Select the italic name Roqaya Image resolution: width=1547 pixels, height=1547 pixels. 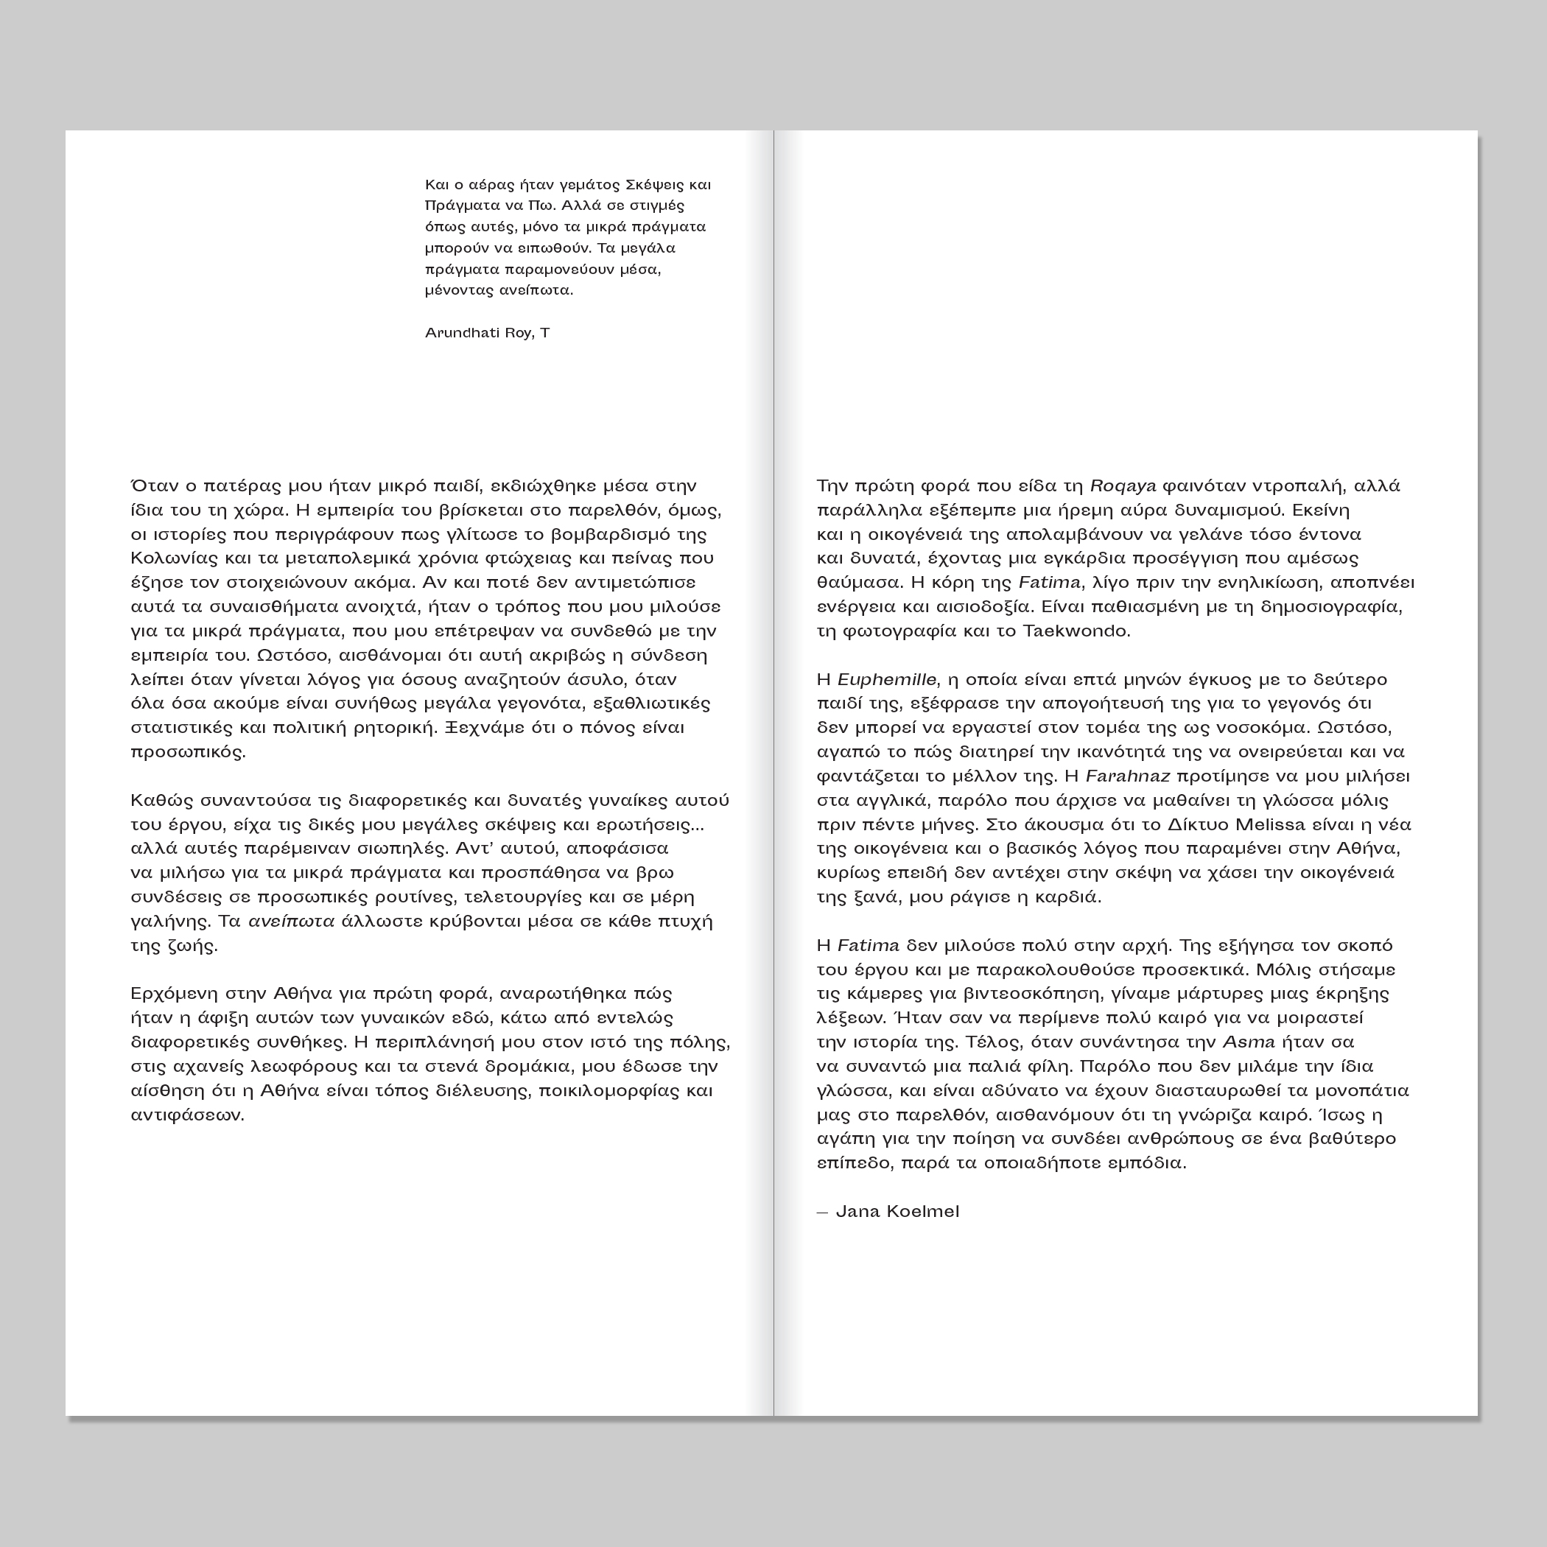tap(1123, 486)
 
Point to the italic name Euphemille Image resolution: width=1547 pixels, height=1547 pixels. tap(885, 680)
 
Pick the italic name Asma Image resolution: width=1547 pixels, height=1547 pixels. tap(1249, 1042)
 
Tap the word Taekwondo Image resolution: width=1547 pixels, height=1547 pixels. tap(1076, 631)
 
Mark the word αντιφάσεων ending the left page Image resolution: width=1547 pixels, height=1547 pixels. tap(186, 1115)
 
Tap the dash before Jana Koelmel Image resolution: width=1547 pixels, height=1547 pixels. tap(821, 1213)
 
